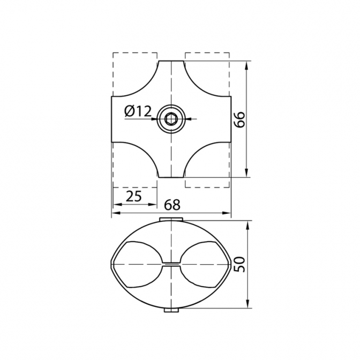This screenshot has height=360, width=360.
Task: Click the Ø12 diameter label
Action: [x=138, y=111]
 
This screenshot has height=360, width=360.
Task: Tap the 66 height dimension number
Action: [x=240, y=119]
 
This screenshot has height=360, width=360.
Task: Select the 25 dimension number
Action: [x=134, y=196]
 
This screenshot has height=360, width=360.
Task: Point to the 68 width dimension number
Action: [x=172, y=205]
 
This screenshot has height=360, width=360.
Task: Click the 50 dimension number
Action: [x=240, y=265]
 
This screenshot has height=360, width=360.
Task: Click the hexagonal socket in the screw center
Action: [x=171, y=119]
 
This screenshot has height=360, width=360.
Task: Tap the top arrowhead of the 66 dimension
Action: [x=246, y=66]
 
